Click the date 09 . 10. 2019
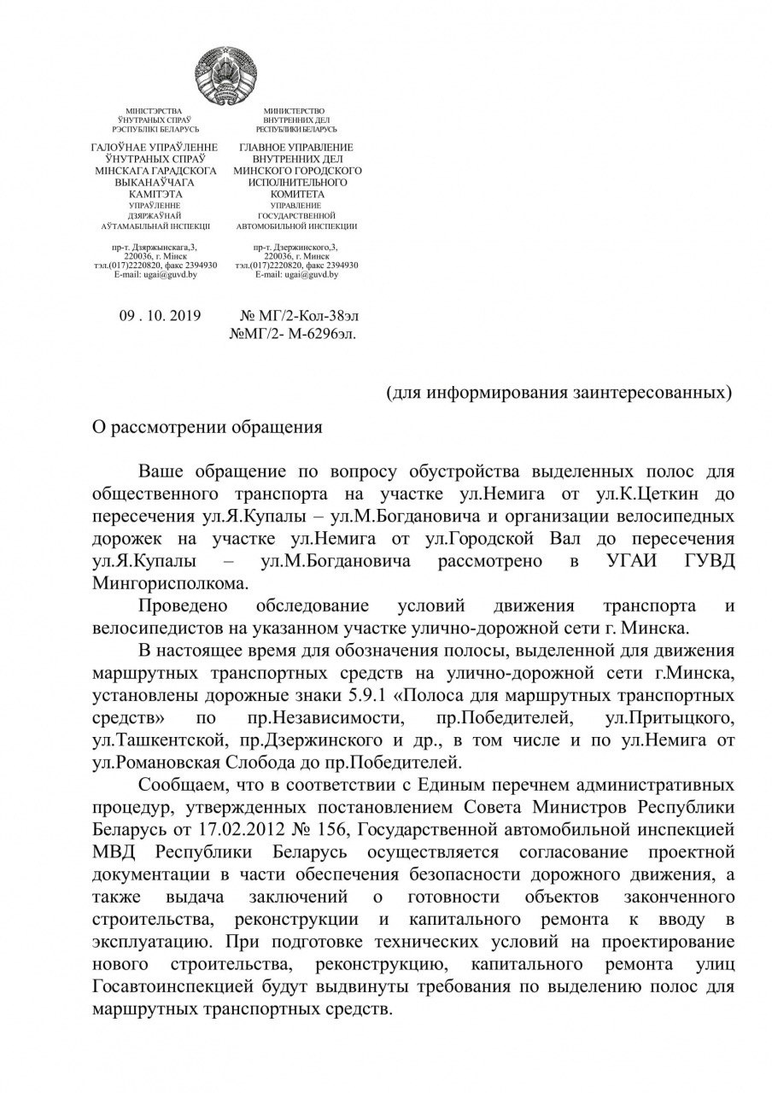pos(160,315)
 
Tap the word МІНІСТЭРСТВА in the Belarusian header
pos(154,112)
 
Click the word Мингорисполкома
pos(170,582)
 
